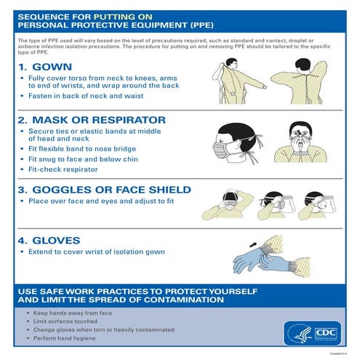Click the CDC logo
(322, 332)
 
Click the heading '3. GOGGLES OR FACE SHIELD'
(104, 190)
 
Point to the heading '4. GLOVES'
(49, 239)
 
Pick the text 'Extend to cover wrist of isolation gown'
(96, 252)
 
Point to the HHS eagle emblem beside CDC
(297, 332)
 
